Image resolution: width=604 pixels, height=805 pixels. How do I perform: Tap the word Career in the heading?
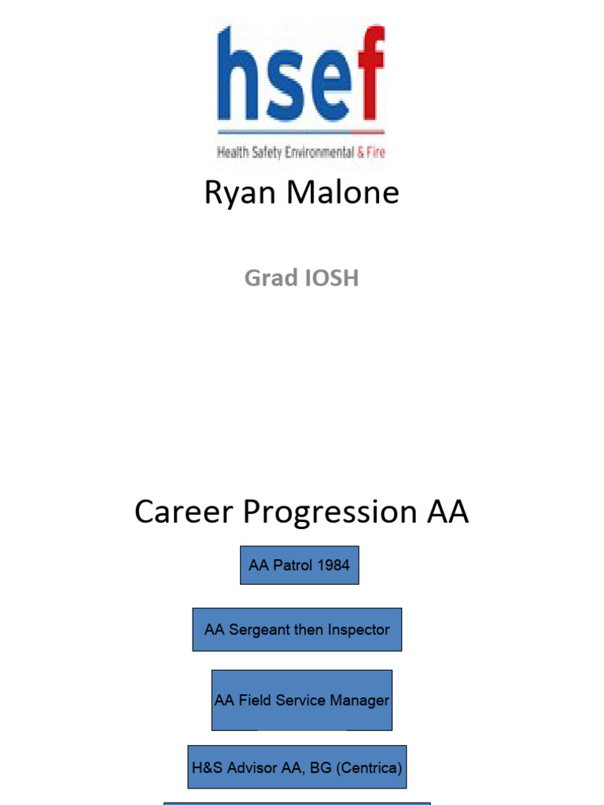click(184, 513)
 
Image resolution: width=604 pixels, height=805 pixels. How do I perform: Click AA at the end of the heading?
click(447, 513)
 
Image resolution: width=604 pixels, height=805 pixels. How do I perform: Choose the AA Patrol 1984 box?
click(299, 565)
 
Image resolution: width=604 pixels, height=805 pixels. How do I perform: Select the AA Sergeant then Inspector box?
click(296, 630)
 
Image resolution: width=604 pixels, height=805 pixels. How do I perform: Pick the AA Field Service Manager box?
click(301, 700)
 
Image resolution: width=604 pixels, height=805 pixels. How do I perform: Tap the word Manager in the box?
click(359, 700)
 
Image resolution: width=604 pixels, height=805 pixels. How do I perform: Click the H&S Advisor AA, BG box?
click(296, 767)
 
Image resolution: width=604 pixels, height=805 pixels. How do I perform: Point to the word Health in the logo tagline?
click(234, 153)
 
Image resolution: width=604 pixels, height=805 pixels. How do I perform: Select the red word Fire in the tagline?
click(376, 153)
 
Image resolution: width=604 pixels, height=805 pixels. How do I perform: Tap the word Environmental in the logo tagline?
click(319, 153)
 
